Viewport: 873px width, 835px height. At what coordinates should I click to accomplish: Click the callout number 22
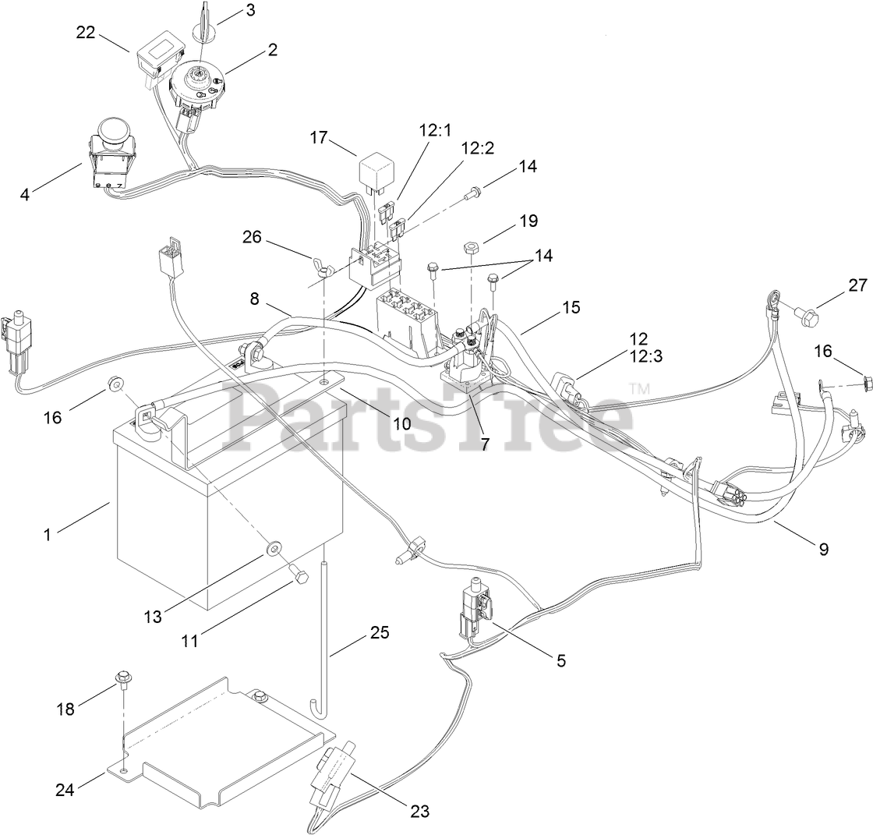[x=86, y=32]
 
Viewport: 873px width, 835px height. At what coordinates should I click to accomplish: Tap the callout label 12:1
[x=434, y=131]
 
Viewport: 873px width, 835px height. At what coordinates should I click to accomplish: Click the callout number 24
[x=65, y=789]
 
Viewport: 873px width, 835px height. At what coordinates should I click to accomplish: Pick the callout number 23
[x=419, y=810]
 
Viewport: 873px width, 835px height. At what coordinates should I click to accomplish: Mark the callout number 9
[x=823, y=548]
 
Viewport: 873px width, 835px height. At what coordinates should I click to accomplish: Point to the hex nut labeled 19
[x=470, y=249]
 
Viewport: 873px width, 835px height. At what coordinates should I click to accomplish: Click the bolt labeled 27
[x=807, y=315]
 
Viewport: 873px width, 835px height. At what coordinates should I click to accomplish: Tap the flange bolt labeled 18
[x=122, y=679]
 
